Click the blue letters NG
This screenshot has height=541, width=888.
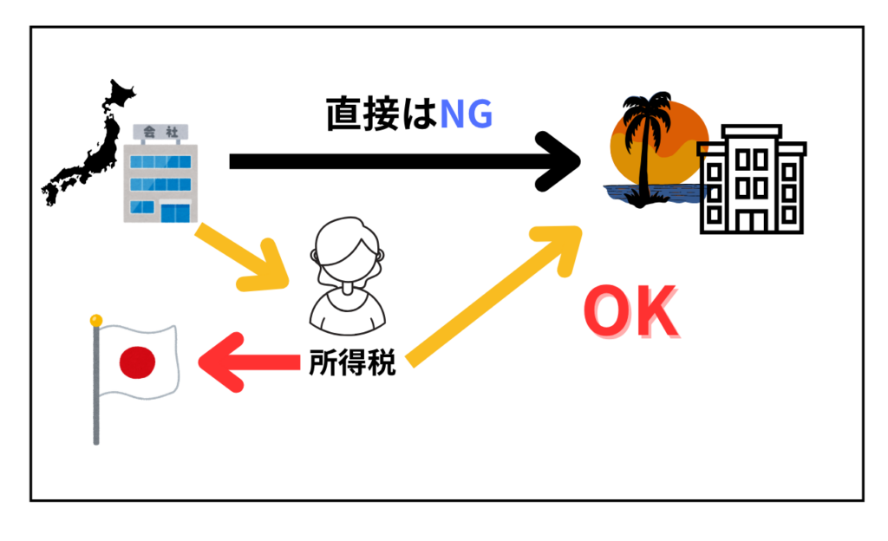[466, 114]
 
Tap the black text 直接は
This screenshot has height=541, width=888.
[382, 114]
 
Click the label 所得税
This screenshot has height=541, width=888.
[352, 363]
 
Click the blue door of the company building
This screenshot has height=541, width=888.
[175, 212]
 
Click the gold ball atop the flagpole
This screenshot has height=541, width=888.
[96, 320]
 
